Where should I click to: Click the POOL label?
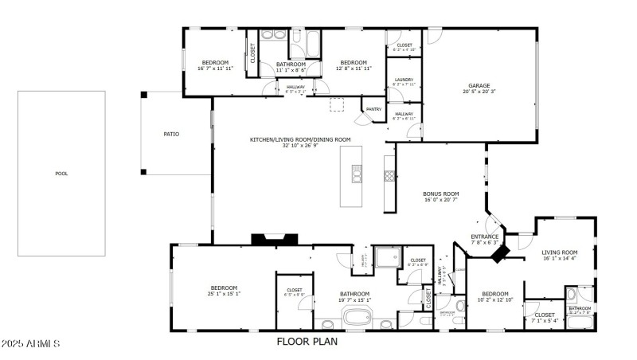61,173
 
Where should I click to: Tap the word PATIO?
170,134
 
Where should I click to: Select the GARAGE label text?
479,85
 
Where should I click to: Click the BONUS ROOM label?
441,194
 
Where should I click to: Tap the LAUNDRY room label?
404,79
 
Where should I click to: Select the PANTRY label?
373,109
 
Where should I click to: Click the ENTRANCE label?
484,237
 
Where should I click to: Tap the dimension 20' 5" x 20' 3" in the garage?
479,92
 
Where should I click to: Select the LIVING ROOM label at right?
559,252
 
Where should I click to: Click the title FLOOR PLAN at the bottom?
307,342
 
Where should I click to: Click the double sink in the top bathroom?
268,36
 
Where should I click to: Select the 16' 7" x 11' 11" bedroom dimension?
215,69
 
